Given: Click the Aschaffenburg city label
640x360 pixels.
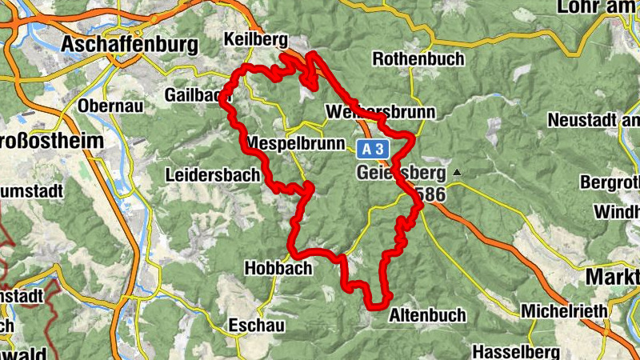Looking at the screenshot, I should [x=130, y=44].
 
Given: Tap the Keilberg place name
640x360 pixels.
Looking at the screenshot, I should [x=255, y=38].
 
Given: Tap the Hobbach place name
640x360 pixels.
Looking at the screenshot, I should [x=278, y=269].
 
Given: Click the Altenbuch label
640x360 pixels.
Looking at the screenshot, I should [x=426, y=316].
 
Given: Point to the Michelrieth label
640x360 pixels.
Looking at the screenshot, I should [x=559, y=310].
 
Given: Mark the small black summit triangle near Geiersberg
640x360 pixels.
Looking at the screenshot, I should [x=457, y=172].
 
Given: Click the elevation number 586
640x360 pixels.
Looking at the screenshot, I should [x=443, y=194].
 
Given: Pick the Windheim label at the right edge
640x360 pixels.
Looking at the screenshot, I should [x=617, y=213].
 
